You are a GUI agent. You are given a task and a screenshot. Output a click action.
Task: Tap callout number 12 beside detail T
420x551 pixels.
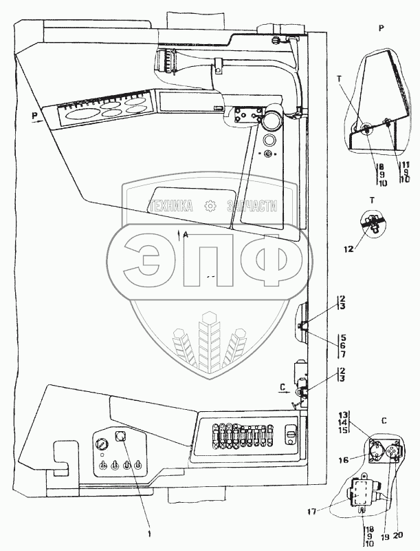click(350, 249)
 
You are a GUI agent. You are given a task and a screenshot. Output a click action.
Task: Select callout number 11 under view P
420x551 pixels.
click(406, 165)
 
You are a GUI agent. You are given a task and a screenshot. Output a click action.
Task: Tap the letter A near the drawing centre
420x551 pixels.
click(186, 235)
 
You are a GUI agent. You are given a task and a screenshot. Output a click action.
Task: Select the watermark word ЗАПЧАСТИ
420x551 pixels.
click(250, 205)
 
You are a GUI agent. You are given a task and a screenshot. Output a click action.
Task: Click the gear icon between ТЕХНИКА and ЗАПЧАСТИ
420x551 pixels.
click(209, 205)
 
